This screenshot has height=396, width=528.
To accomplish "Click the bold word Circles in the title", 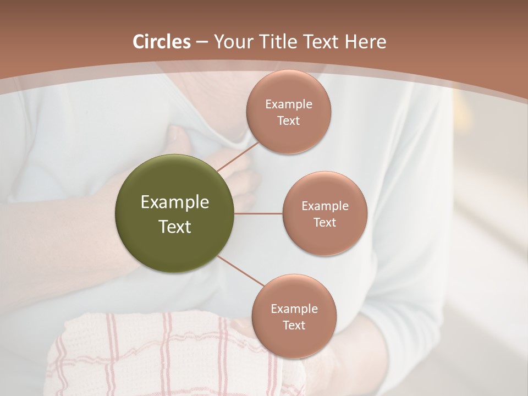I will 162,42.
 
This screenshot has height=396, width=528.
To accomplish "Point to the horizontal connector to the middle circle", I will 258,213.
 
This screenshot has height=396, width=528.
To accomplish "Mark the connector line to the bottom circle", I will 241,272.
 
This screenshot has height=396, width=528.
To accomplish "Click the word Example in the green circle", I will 174,202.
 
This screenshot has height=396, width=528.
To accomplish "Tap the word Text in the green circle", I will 174,227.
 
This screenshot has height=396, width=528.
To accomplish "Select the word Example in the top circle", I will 288,105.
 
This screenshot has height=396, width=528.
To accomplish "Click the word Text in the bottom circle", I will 294,325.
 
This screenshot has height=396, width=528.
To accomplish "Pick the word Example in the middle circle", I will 324,206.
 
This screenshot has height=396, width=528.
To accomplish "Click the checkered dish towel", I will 165,358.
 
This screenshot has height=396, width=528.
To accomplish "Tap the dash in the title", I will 202,42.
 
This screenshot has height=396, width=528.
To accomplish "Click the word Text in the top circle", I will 288,120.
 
